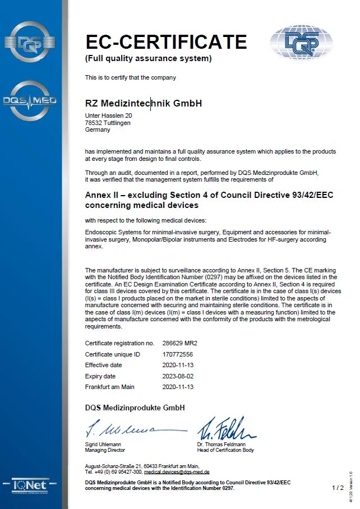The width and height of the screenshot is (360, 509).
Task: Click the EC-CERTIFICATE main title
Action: [x=166, y=41]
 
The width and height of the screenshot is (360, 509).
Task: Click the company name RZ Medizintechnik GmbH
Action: [x=143, y=103]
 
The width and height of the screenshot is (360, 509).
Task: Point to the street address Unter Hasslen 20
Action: [x=109, y=116]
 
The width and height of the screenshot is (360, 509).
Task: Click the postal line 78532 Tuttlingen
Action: [x=108, y=123]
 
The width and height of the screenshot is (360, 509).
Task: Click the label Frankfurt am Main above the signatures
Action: [x=110, y=387]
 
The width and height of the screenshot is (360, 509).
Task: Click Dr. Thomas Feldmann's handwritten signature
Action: [x=225, y=429]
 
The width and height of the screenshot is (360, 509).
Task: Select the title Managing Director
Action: [x=105, y=450]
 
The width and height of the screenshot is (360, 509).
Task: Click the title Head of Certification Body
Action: [x=225, y=450]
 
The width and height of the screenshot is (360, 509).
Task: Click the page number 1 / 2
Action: [x=338, y=488]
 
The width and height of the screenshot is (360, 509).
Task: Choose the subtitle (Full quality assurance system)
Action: [x=148, y=58]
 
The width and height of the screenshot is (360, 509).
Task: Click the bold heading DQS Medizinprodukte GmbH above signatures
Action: [x=135, y=408]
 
